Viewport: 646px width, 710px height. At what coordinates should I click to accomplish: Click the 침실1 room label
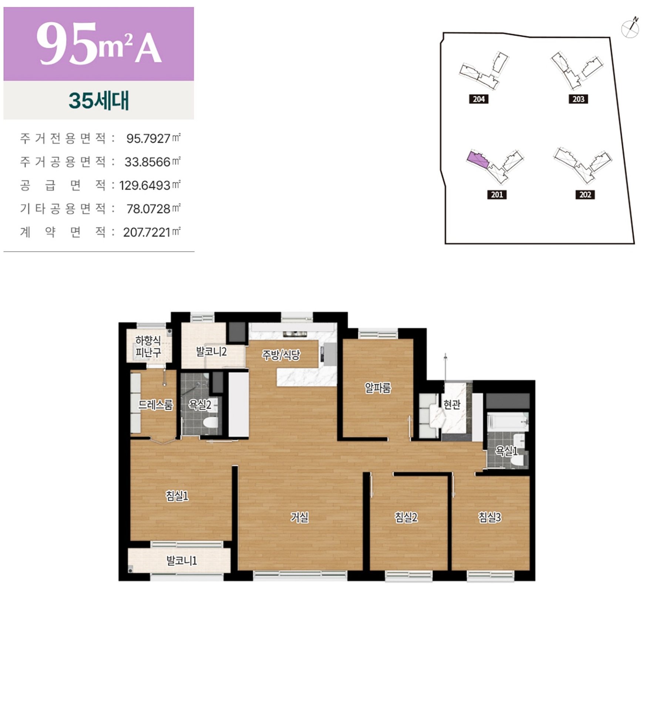177,496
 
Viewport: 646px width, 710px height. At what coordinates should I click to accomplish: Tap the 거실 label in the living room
299,517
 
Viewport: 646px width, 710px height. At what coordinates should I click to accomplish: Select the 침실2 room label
406,517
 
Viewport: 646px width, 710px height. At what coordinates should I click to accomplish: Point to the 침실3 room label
490,517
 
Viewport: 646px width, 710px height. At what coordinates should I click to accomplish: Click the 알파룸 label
378,388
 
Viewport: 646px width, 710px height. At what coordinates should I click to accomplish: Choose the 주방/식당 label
281,355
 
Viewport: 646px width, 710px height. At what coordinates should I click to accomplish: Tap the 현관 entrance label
452,405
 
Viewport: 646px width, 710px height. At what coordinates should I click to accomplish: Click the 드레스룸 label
155,405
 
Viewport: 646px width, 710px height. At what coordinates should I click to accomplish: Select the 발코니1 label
182,561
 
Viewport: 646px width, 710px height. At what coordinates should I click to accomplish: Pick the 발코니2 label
211,351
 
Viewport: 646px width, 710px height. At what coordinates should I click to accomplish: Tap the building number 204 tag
479,99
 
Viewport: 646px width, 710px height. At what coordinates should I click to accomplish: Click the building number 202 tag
585,195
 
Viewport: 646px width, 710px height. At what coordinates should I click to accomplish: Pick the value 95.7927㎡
153,138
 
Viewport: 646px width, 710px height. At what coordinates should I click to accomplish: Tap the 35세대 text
99,100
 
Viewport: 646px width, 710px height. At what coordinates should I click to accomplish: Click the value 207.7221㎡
152,232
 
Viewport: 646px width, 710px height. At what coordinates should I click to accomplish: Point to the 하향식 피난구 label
148,346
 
